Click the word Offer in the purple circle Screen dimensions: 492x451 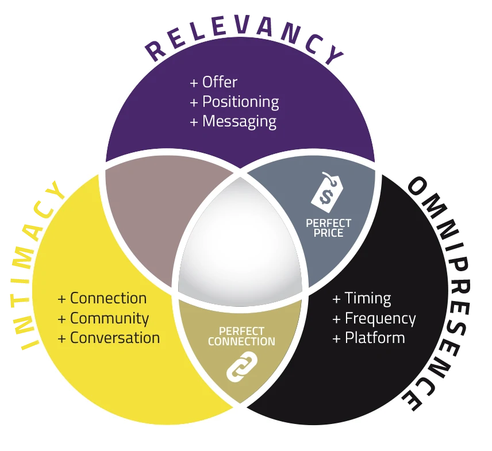tap(220, 82)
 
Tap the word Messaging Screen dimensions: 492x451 tap(240, 122)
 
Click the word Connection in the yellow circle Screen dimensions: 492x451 tap(108, 298)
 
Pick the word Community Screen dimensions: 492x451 tap(110, 319)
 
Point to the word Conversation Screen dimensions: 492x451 tap(115, 338)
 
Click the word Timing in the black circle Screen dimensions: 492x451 tap(368, 299)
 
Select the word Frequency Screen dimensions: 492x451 tap(380, 319)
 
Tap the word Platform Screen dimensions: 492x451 tap(375, 338)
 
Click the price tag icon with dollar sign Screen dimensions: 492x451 tap(326, 192)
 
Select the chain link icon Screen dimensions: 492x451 tap(242, 367)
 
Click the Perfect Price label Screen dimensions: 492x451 tap(328, 228)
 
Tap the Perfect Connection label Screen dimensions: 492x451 tap(241, 336)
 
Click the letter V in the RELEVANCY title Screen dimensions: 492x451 tap(243, 26)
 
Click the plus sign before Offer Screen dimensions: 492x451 tap(194, 83)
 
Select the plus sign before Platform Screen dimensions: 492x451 tap(336, 339)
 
